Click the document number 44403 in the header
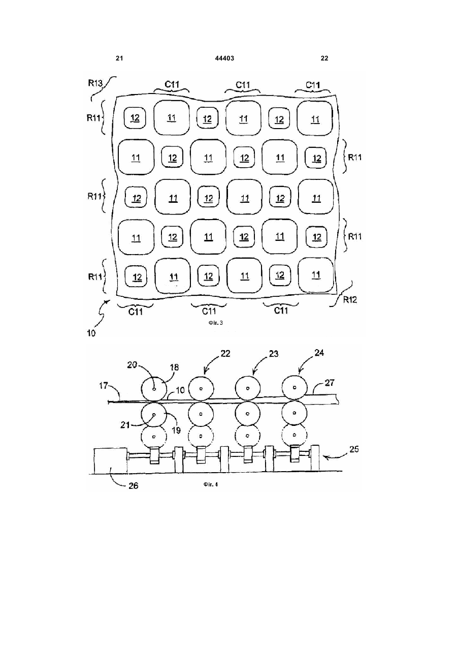click(224, 58)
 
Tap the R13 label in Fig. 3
click(95, 83)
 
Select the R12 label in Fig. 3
click(350, 300)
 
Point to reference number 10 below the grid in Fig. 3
click(91, 333)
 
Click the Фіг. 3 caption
click(215, 323)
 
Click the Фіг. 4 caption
click(211, 484)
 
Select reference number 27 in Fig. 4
click(330, 383)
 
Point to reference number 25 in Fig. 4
click(354, 449)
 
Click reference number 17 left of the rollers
click(103, 385)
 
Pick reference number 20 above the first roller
click(132, 365)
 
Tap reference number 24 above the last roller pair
click(319, 353)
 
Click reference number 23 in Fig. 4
click(274, 354)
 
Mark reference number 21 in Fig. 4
click(125, 425)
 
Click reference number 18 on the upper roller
click(175, 367)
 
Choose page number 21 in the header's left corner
click(119, 58)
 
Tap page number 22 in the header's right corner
click(324, 58)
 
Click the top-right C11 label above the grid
click(313, 85)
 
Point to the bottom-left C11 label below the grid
click(136, 312)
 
